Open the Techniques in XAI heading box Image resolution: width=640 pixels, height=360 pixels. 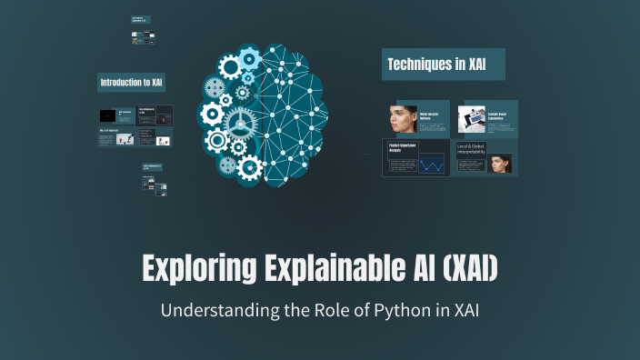coord(443,65)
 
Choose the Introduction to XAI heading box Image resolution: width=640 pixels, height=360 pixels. coord(132,83)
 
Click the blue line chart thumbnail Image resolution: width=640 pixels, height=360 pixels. coord(431,165)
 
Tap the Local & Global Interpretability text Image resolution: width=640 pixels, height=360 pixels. coord(472,151)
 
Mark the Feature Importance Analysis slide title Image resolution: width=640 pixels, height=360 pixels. coord(402,149)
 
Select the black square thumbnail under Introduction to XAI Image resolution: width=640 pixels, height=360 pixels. coord(107,115)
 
